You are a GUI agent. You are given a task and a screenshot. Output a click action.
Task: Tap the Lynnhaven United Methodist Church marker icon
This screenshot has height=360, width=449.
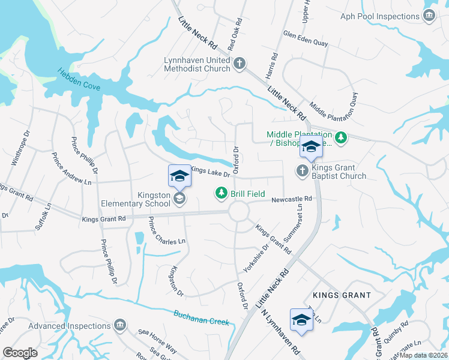(240, 64)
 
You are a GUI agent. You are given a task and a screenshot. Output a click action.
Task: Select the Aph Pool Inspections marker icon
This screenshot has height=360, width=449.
(429, 16)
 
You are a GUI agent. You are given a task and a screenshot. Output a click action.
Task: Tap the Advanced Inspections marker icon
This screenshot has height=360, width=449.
(119, 325)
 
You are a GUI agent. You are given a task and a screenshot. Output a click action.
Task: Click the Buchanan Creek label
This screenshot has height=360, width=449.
(202, 317)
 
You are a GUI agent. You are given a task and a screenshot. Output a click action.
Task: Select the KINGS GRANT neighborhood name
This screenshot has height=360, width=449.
(341, 296)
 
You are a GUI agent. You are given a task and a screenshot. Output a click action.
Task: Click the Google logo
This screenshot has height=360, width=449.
(20, 352)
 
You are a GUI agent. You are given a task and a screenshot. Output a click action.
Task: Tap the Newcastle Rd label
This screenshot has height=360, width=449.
(292, 199)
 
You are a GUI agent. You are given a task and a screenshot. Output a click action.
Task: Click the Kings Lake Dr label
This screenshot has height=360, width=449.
(210, 172)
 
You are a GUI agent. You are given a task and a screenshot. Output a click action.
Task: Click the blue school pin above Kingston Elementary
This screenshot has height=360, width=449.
(179, 176)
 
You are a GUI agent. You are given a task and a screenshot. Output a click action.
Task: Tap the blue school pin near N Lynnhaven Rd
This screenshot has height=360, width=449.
(301, 320)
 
